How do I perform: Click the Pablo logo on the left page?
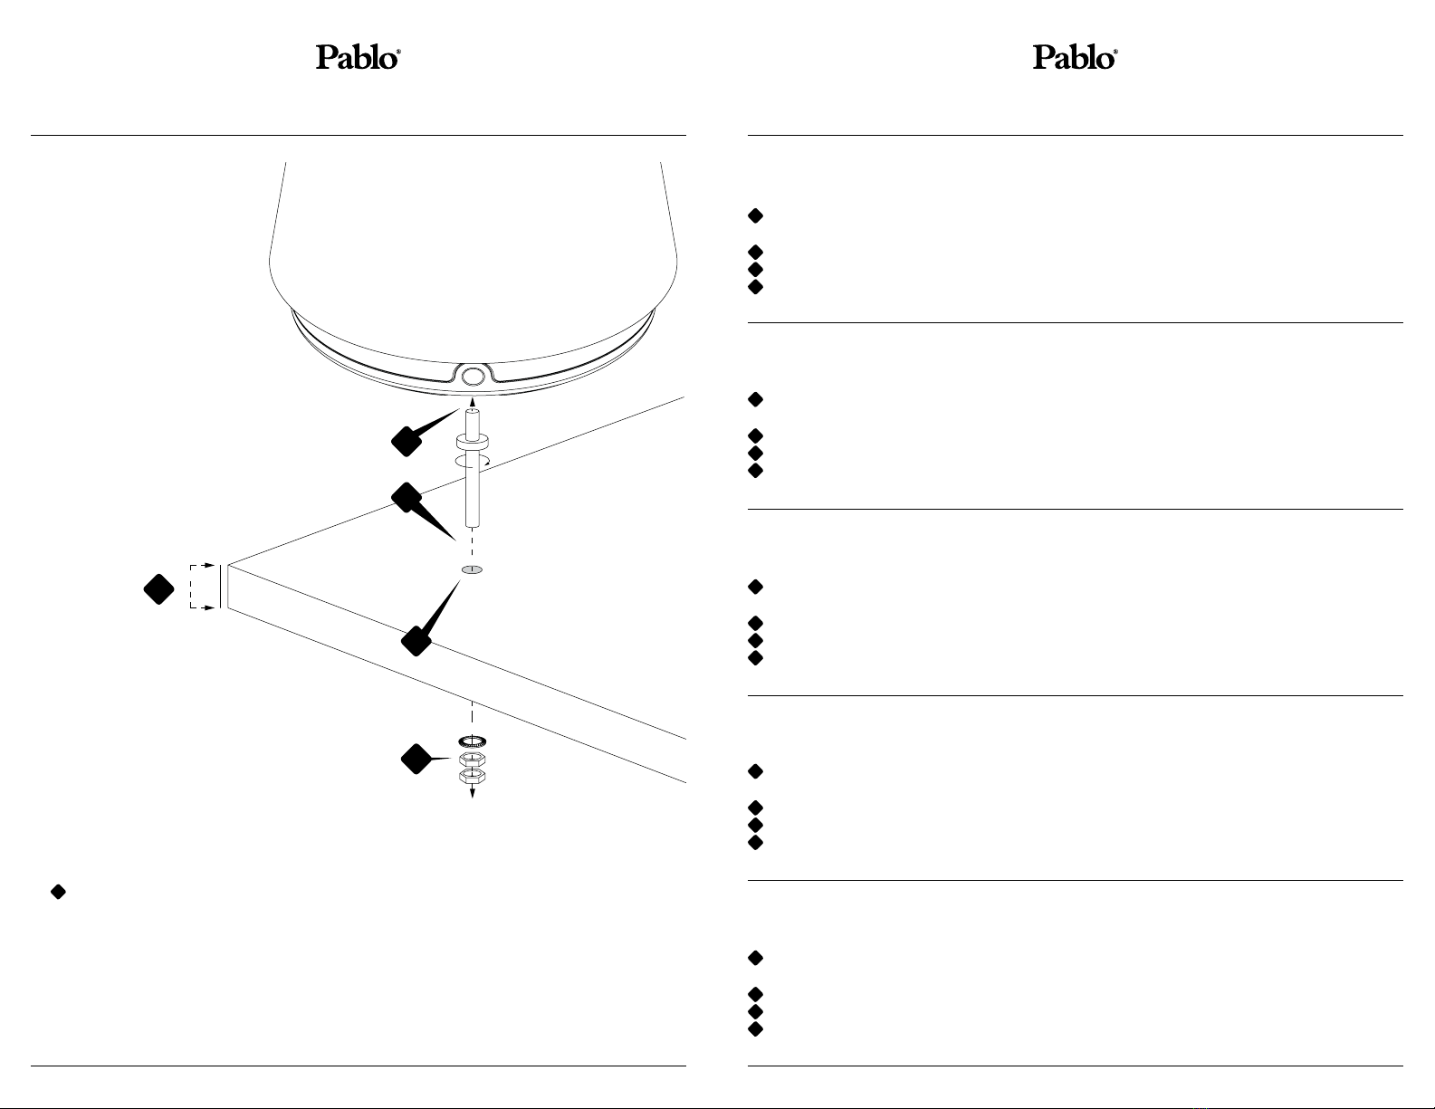tap(359, 58)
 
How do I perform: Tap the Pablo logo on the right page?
tap(1075, 58)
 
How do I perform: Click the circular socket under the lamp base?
tap(472, 376)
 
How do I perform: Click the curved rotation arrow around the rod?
tap(472, 462)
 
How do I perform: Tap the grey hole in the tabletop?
tap(472, 569)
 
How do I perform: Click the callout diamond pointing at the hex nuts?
tap(416, 759)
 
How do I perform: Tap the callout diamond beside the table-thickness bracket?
tap(159, 588)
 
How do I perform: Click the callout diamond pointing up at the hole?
tap(416, 641)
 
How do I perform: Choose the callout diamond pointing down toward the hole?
tap(407, 497)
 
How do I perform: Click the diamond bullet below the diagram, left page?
tap(58, 892)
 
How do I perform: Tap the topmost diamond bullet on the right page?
tap(756, 215)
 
